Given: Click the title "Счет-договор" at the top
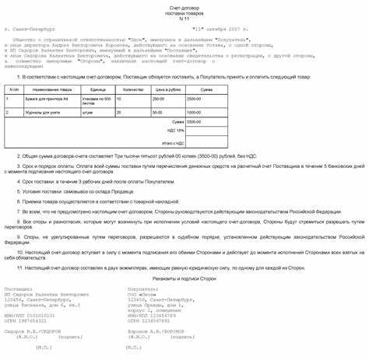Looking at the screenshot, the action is pos(184,5).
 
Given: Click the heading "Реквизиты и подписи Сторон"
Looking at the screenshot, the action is pos(184,277).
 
